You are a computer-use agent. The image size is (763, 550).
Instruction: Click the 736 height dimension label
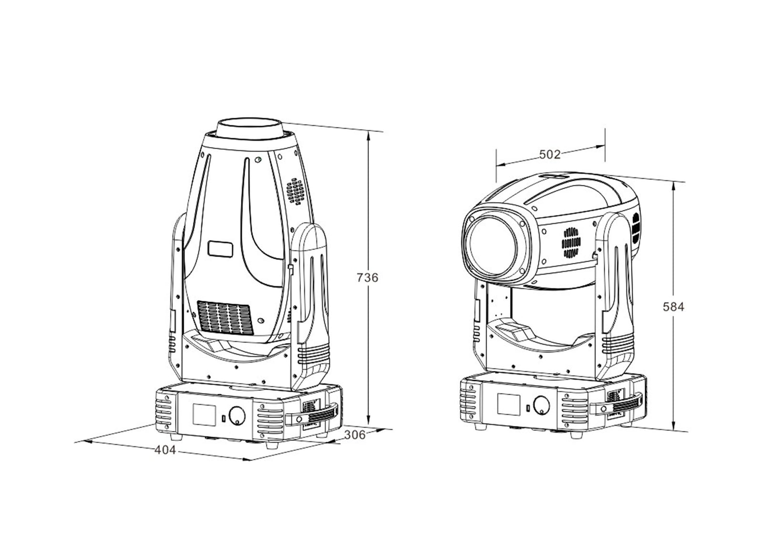click(x=367, y=277)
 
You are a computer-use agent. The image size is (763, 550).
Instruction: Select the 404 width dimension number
click(x=165, y=450)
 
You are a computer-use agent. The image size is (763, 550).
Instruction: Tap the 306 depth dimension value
click(x=354, y=435)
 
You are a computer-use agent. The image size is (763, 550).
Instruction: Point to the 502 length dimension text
click(x=549, y=154)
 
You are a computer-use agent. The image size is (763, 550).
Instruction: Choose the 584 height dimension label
click(x=673, y=307)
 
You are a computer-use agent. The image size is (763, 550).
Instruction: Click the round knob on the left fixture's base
click(x=236, y=415)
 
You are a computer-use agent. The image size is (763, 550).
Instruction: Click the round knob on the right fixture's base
click(x=541, y=405)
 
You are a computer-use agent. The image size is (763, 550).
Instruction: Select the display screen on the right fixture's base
click(x=508, y=404)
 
